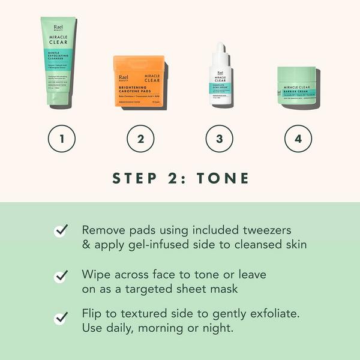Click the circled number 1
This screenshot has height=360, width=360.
point(62,139)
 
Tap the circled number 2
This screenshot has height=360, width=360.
point(140,139)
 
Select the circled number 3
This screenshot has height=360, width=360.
point(219,139)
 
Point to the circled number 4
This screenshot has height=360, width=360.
point(298,139)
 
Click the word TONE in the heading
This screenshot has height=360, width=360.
point(226,178)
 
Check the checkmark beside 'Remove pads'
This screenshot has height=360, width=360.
point(61,231)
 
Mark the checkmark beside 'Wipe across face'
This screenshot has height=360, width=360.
point(61,275)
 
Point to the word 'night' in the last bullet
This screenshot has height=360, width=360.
point(217,329)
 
